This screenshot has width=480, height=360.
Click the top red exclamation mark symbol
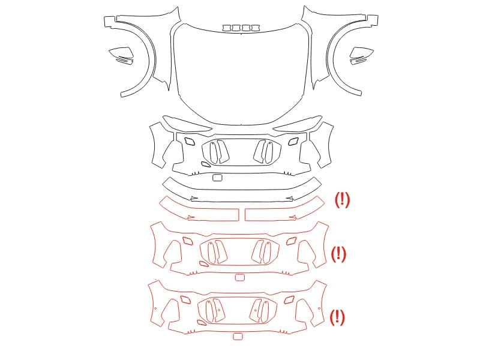(342, 200)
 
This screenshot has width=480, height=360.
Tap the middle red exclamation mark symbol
(338, 254)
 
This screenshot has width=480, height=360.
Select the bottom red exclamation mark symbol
(337, 317)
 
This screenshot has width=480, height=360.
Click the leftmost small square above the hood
(227, 28)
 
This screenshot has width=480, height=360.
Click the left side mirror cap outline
(121, 53)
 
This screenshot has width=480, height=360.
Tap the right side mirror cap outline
(362, 53)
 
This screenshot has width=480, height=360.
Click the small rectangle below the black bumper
(217, 178)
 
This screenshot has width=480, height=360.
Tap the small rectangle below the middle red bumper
(239, 277)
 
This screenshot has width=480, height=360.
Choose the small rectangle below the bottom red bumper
(238, 337)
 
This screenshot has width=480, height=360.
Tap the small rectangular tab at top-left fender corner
(109, 22)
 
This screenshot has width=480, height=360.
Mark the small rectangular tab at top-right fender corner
(373, 20)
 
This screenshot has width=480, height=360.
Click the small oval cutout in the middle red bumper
(203, 263)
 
